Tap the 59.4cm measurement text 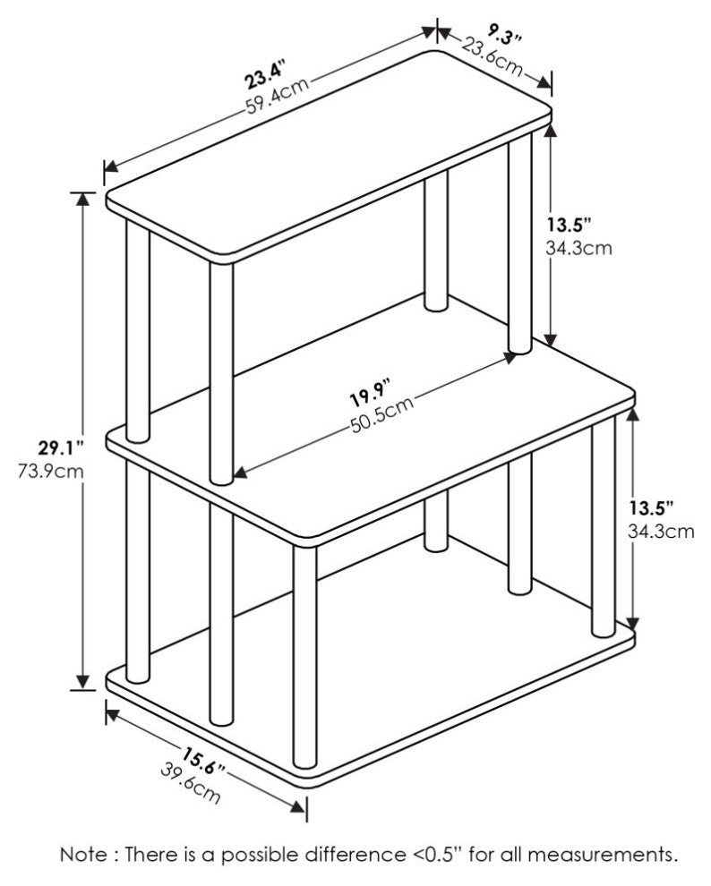(x=278, y=96)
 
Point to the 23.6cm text (x=492, y=56)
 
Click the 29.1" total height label (x=61, y=448)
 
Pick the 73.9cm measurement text (x=50, y=471)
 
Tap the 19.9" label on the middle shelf (x=369, y=394)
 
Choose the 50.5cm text (x=381, y=413)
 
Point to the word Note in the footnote (x=84, y=854)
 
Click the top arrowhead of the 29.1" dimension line (x=83, y=200)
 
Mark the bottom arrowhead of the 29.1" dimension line (x=83, y=682)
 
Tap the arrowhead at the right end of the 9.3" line (x=544, y=81)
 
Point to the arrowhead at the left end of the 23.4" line (x=111, y=166)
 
